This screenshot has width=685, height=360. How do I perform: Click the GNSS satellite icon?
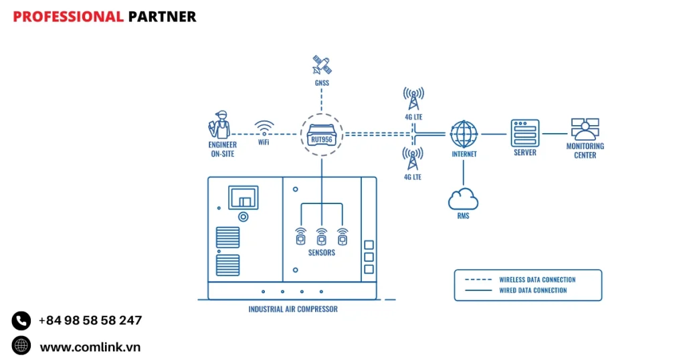tap(322, 66)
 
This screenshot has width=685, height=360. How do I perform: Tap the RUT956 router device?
tap(322, 134)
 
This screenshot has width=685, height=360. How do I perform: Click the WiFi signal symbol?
tap(264, 127)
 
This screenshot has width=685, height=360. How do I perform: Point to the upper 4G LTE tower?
tap(413, 99)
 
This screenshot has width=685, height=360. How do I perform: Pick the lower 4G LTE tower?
tap(413, 159)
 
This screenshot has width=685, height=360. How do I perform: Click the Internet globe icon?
tap(464, 134)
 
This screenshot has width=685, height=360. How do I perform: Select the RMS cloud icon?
tap(464, 199)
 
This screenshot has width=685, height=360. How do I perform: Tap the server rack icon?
tap(524, 132)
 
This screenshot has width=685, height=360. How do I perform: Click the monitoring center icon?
tap(585, 129)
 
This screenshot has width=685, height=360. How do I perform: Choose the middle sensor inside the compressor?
tap(322, 236)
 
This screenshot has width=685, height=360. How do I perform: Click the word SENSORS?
tap(322, 253)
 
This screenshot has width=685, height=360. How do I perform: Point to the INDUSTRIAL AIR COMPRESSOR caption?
tap(293, 309)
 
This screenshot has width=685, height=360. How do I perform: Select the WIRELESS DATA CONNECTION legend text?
tap(537, 280)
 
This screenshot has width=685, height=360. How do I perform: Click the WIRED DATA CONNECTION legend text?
tap(533, 290)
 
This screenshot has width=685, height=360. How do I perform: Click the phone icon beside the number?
tap(21, 321)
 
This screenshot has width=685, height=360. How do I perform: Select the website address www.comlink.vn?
tap(90, 347)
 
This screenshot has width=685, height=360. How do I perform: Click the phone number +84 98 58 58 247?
tap(90, 321)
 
